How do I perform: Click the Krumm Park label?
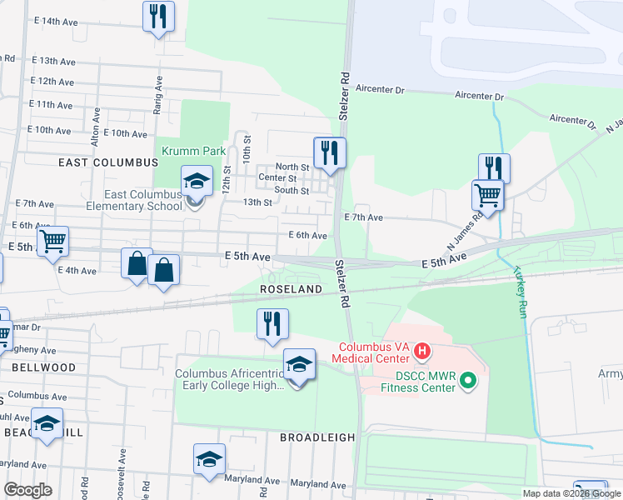[x=204, y=152]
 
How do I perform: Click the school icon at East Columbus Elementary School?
[x=196, y=182]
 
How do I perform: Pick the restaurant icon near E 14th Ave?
[x=157, y=16]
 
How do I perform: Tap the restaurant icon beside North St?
[x=330, y=152]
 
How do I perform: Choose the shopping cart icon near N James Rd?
[x=487, y=196]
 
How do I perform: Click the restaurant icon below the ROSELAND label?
[x=272, y=323]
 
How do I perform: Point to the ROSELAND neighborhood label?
[x=291, y=288]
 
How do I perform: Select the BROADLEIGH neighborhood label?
[x=317, y=437]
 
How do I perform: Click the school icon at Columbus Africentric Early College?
[x=300, y=364]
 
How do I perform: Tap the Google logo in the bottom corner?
[x=27, y=490]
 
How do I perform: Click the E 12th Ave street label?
[x=52, y=82]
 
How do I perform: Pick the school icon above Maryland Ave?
[x=210, y=458]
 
